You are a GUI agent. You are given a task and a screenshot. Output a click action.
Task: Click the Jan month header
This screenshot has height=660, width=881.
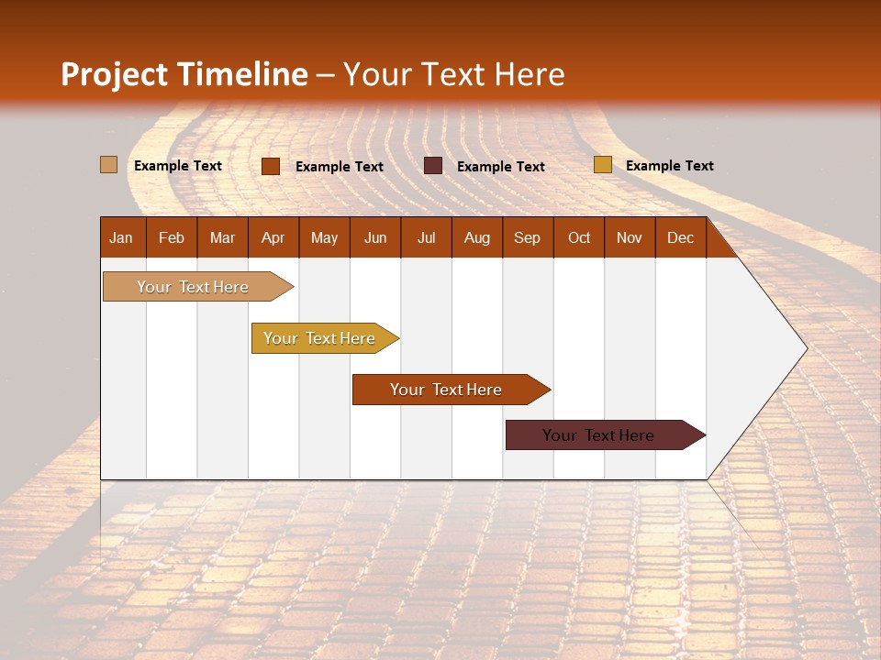click(121, 237)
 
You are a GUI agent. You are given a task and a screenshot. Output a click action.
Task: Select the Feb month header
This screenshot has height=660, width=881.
click(172, 237)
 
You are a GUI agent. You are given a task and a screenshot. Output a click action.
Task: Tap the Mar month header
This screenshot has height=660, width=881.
click(222, 237)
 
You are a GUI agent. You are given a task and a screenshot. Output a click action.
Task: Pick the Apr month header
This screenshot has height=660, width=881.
click(273, 237)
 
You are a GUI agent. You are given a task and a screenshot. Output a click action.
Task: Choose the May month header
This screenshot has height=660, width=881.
click(324, 237)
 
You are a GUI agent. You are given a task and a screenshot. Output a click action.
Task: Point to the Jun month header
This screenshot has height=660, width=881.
click(375, 237)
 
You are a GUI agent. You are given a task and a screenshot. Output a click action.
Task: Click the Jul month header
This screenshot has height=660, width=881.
click(426, 237)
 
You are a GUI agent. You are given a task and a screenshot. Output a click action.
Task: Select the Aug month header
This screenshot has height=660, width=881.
click(476, 237)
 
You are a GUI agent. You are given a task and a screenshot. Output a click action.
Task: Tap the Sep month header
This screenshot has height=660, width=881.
click(527, 237)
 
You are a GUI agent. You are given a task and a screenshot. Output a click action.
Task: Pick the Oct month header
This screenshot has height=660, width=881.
click(579, 237)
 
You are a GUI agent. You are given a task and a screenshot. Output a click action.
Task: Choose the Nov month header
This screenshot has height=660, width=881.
click(630, 237)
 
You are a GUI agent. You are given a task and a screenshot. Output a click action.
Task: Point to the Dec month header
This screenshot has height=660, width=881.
click(680, 237)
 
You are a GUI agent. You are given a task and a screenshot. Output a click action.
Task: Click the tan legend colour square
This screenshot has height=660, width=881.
click(108, 165)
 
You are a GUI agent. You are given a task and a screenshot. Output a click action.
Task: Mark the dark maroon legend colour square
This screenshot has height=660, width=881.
click(433, 166)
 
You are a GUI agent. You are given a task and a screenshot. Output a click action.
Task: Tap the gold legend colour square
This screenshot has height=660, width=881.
click(602, 165)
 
